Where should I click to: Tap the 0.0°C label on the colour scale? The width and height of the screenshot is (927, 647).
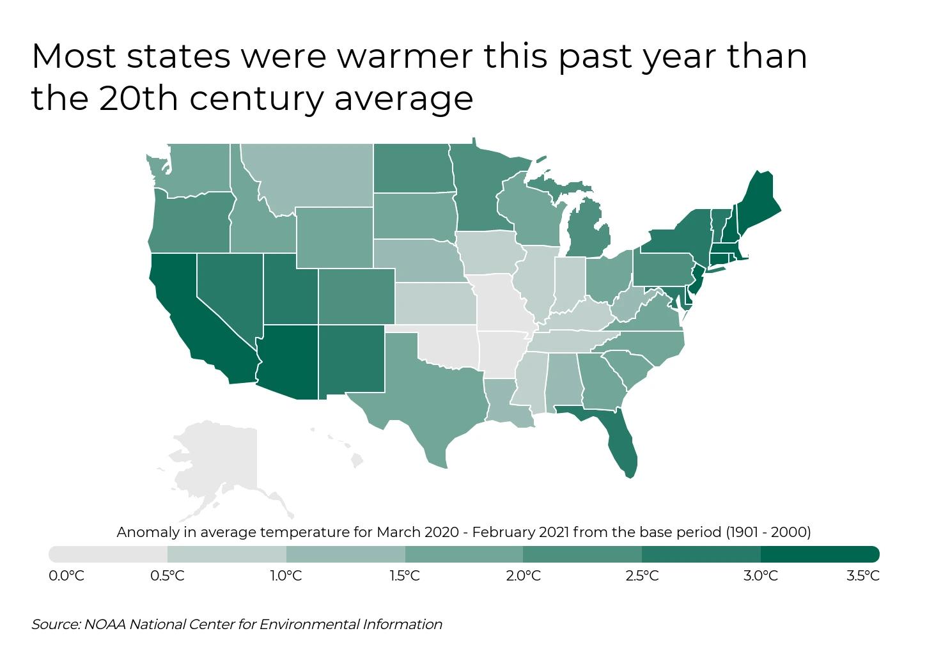pyautogui.click(x=66, y=576)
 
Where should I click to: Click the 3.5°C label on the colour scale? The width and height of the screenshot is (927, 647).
pyautogui.click(x=862, y=576)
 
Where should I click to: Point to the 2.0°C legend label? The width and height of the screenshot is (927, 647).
pyautogui.click(x=523, y=576)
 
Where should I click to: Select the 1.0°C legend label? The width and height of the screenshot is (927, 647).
pyautogui.click(x=285, y=576)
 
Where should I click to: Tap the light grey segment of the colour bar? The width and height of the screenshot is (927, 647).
pyautogui.click(x=108, y=554)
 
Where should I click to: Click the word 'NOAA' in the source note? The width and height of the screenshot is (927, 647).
pyautogui.click(x=105, y=624)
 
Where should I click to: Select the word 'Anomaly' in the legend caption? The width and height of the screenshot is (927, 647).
pyautogui.click(x=144, y=532)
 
